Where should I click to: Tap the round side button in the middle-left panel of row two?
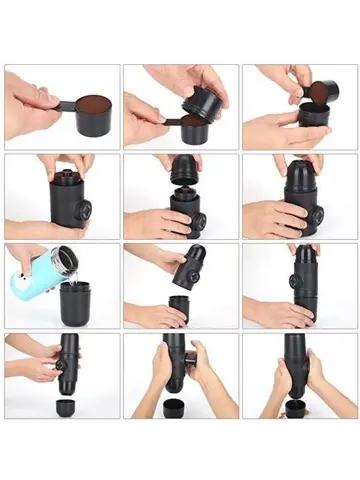pos(84,211)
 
